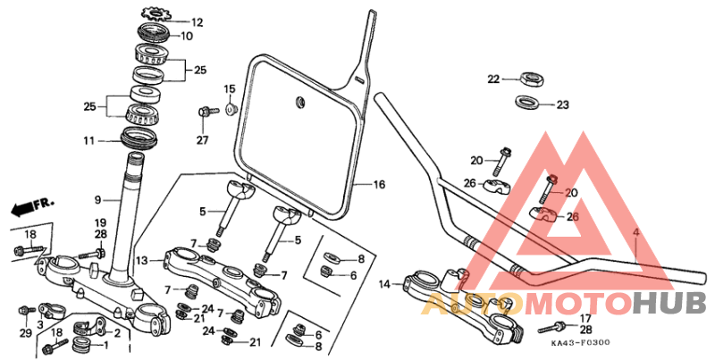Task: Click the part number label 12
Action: (x=197, y=22)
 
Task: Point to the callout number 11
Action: (x=88, y=141)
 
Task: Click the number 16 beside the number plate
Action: (x=379, y=185)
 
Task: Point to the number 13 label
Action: (x=142, y=260)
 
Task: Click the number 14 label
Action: (x=384, y=285)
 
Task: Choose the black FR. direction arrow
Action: (x=27, y=207)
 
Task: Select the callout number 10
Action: (x=187, y=37)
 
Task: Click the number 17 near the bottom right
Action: (x=585, y=318)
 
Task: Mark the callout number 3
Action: (x=40, y=324)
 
